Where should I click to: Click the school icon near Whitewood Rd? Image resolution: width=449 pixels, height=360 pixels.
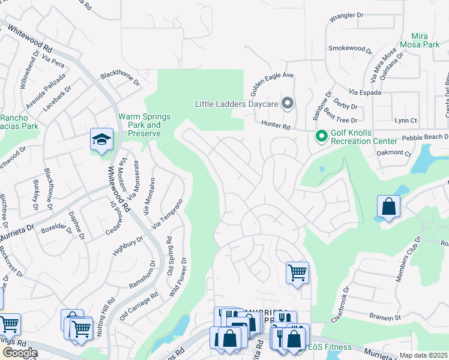[x=101, y=140]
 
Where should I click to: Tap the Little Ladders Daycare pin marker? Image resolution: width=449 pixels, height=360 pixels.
[x=288, y=103]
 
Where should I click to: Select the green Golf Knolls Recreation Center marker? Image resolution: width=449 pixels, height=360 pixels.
[x=321, y=137]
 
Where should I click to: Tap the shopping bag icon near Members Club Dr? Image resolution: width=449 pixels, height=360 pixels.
[x=389, y=207]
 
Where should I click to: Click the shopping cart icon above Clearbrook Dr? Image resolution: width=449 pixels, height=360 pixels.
[x=297, y=273]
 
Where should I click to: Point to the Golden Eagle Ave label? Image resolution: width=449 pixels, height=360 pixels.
[x=271, y=84]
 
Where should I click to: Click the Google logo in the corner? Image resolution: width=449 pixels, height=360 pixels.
[x=19, y=353]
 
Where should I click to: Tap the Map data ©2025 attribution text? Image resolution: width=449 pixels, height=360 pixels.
[x=424, y=355]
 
